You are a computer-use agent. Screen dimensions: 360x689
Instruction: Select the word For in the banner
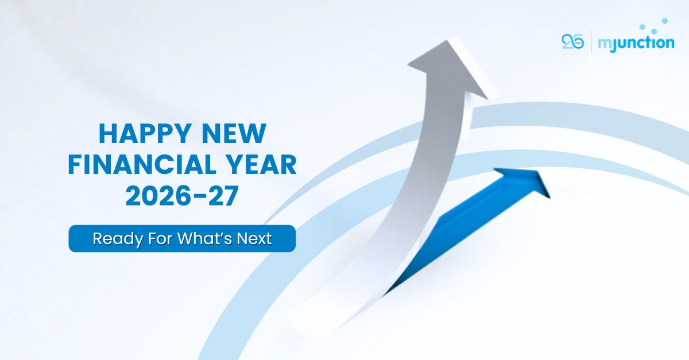(152, 238)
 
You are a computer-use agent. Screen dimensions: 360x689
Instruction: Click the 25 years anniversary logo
(572, 42)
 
